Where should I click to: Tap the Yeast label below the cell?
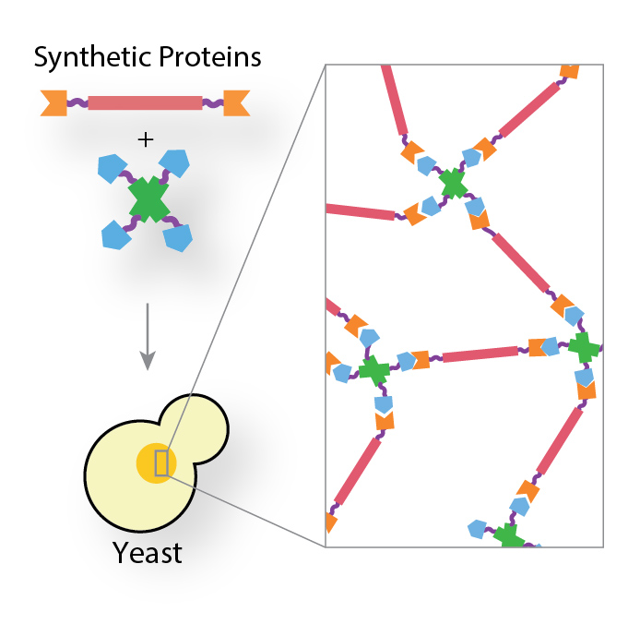[148, 553]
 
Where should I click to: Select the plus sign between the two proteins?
[145, 139]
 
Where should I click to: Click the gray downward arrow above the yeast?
[146, 341]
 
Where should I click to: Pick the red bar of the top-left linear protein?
[145, 102]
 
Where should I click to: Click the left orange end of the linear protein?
[53, 102]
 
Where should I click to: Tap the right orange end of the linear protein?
[237, 102]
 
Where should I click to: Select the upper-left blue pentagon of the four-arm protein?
[112, 168]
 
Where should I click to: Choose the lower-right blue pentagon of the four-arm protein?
[178, 238]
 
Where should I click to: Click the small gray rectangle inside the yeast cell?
[161, 462]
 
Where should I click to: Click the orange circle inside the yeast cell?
[154, 462]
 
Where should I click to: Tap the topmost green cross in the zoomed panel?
[453, 183]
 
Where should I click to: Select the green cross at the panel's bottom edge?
[507, 536]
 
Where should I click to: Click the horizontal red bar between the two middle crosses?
[480, 354]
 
